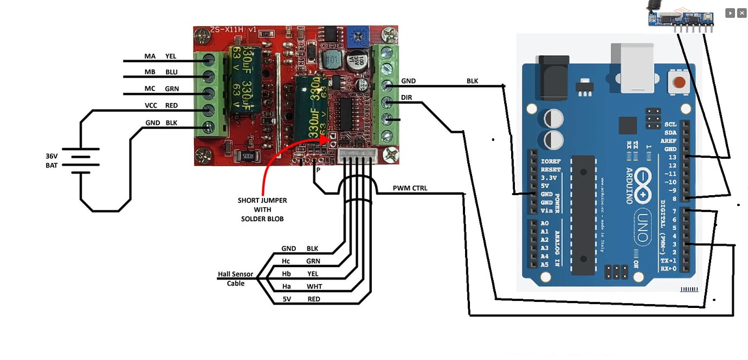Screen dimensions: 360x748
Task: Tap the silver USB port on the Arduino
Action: (634, 66)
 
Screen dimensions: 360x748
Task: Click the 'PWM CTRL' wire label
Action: (410, 188)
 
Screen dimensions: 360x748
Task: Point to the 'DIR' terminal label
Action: (407, 98)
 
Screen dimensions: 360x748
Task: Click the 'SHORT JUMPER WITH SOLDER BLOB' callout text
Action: (262, 209)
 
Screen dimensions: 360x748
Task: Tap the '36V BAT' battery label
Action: (51, 160)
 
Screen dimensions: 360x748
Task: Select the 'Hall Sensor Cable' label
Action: (235, 279)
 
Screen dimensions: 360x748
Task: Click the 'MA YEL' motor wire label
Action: (160, 56)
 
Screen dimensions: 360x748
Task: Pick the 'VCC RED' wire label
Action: (160, 105)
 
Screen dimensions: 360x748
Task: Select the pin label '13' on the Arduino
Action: (672, 157)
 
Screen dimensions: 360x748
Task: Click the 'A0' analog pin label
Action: (544, 223)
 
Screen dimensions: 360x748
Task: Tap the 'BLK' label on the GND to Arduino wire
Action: (473, 81)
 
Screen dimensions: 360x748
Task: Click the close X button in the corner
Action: (741, 13)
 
